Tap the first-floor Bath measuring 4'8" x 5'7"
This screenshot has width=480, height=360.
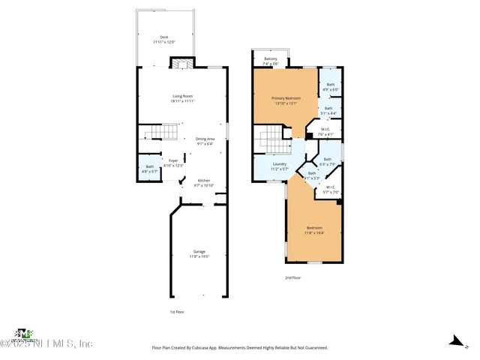pos(148,169)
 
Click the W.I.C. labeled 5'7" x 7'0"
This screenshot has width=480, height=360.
pos(331,190)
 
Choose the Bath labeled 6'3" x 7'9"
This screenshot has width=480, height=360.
pos(327,161)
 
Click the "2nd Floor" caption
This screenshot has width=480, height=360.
pos(292,277)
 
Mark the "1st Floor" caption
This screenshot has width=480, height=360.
pos(176,311)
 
